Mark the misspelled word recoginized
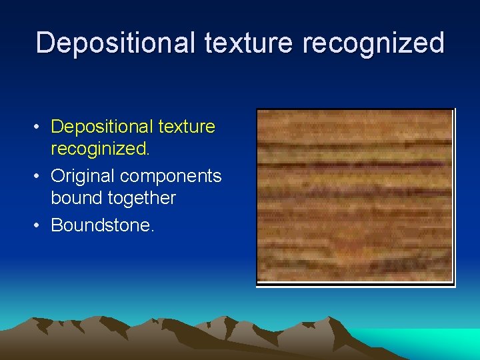click(x=100, y=149)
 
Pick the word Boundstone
click(x=102, y=225)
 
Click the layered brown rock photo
click(x=355, y=197)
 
